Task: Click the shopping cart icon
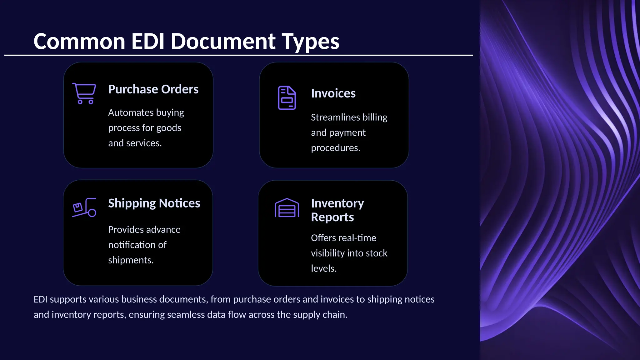[84, 93]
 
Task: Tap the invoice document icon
[287, 98]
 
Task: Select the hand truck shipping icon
[84, 207]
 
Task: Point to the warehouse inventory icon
[287, 208]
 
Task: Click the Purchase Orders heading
[153, 89]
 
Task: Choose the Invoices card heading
[333, 93]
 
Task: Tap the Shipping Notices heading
[154, 203]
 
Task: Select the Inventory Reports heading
[337, 210]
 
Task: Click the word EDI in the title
[148, 41]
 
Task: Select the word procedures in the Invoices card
[335, 148]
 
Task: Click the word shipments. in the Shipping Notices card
[131, 260]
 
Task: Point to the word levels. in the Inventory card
[323, 268]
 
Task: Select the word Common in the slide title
[79, 41]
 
